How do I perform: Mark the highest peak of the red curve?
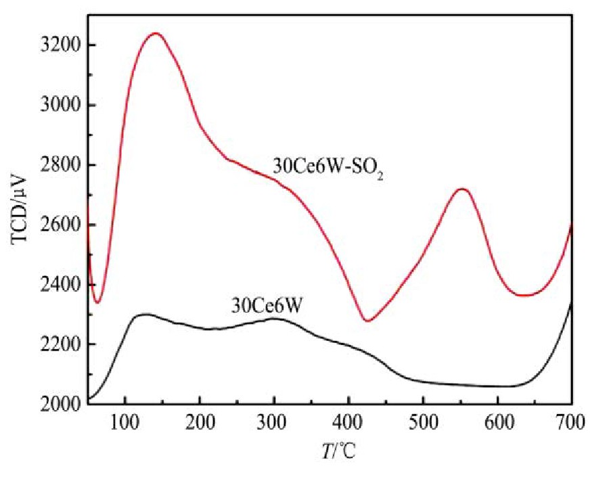point(156,32)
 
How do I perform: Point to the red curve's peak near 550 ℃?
point(462,189)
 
